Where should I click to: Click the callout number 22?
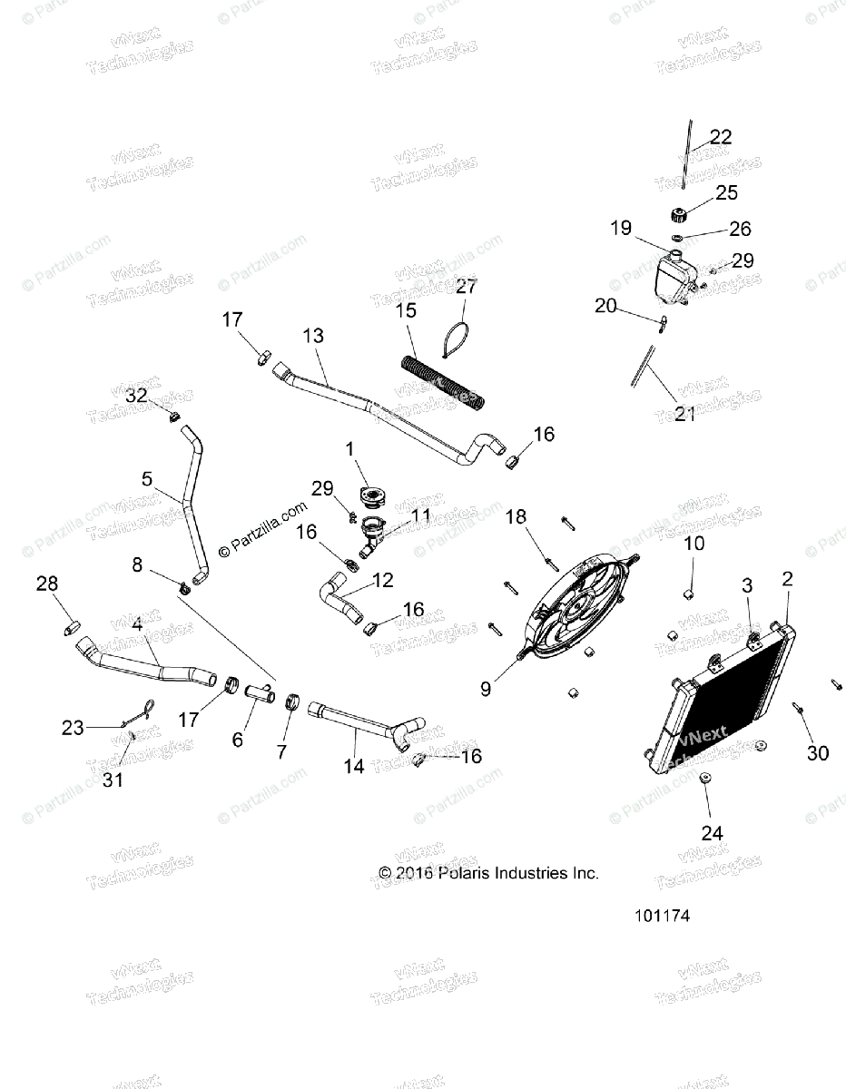point(721,137)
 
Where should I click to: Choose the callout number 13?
point(312,336)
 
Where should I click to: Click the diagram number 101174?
point(663,916)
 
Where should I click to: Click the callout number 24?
point(711,832)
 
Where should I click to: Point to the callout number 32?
point(136,396)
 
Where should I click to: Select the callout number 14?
point(354,766)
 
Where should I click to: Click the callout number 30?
point(817,752)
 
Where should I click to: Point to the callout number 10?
point(694,544)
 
